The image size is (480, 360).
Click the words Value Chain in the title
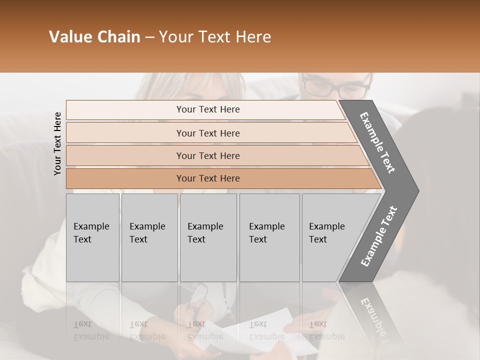[94, 37]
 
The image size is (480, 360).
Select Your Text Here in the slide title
[215, 37]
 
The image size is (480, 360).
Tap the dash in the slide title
[149, 37]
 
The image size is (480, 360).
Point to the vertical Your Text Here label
[58, 143]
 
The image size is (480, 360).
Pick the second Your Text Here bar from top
[207, 133]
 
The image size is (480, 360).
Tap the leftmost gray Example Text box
[92, 237]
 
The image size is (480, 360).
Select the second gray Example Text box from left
[149, 237]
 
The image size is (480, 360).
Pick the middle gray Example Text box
[208, 237]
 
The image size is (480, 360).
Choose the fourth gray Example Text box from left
[269, 237]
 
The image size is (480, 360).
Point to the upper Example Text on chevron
[377, 142]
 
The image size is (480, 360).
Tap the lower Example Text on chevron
[378, 236]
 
